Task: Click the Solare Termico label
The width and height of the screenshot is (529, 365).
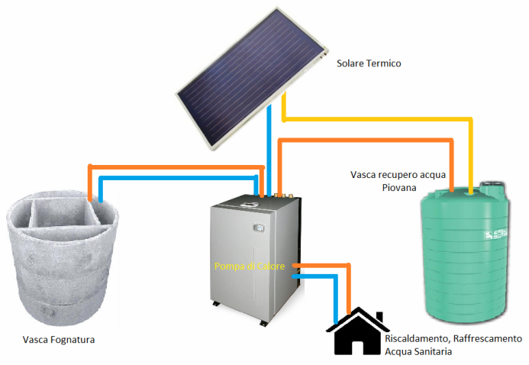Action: point(369,63)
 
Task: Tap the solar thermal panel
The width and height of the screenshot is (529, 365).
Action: point(252,78)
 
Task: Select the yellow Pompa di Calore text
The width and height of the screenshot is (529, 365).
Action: point(250,266)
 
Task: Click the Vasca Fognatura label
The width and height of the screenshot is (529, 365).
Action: point(59,339)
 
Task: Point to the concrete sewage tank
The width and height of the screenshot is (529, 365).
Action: point(63,260)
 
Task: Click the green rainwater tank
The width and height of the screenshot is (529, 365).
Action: point(465,252)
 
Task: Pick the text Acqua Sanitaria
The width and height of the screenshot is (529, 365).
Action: point(418,351)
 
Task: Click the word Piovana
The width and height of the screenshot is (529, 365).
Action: point(399,188)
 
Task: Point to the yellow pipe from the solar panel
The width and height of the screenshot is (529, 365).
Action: point(378,119)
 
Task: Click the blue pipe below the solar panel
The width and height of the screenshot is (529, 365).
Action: point(269,150)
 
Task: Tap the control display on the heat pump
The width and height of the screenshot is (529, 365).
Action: point(259,228)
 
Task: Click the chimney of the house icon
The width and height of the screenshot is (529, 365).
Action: point(379,317)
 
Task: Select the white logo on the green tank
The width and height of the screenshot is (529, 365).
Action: point(496,234)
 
